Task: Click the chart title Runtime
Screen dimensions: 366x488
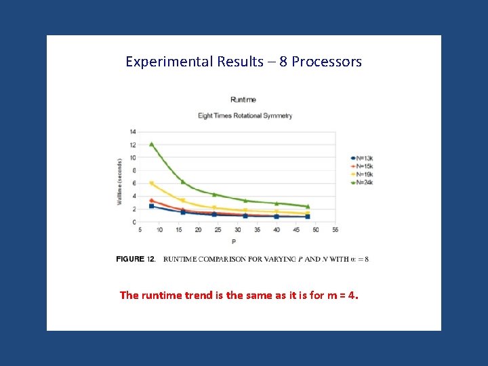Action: [x=243, y=100]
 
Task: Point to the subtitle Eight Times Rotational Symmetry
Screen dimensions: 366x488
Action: [x=245, y=115]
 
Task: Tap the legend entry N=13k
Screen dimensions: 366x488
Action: [x=362, y=158]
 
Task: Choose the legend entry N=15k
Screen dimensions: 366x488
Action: [x=362, y=166]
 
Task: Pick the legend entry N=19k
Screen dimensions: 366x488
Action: [x=362, y=174]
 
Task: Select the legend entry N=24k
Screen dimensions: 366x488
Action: [x=362, y=182]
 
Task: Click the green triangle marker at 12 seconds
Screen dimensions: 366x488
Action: [x=152, y=144]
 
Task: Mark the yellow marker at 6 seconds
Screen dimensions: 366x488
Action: [x=152, y=183]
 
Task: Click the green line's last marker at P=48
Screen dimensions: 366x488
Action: [x=308, y=206]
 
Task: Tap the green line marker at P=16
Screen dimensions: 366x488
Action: [x=183, y=182]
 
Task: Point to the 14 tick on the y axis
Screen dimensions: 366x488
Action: [x=133, y=131]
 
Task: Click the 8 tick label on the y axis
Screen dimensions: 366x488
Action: [x=134, y=170]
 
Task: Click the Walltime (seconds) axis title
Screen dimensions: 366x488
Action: [x=120, y=182]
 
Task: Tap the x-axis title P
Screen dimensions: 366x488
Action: [x=235, y=241]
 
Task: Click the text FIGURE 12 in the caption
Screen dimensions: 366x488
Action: [x=136, y=259]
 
